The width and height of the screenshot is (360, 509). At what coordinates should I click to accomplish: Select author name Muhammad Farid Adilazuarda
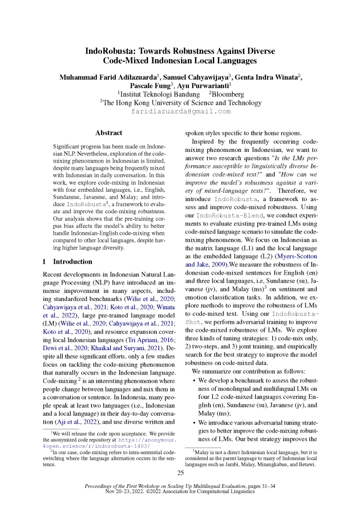[107, 77]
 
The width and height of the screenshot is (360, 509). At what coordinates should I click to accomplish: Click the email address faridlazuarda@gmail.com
[180, 112]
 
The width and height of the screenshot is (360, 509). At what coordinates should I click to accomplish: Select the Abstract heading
[108, 133]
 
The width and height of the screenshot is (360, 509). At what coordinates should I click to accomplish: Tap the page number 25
[180, 472]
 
